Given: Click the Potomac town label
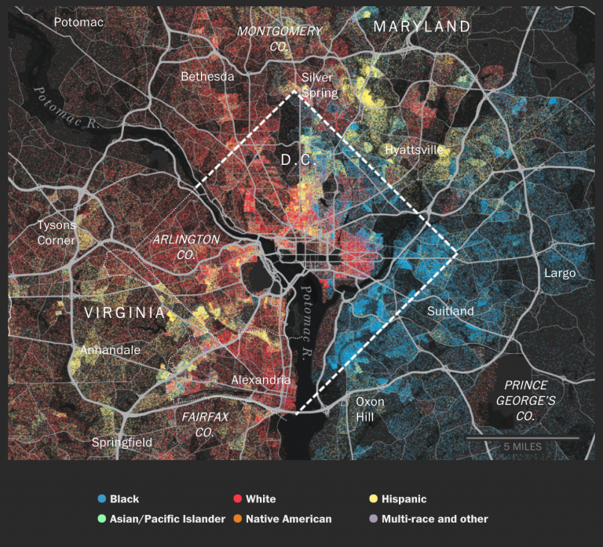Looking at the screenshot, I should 79,22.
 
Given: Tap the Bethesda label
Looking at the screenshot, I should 207,77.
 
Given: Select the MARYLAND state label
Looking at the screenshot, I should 422,27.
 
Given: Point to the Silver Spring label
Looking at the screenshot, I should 319,85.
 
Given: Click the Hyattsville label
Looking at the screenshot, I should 415,149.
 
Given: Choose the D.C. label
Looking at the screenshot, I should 298,160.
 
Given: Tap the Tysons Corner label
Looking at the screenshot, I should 57,232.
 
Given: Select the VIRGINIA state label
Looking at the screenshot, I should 125,313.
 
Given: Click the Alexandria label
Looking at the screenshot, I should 261,380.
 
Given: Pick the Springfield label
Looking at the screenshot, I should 122,443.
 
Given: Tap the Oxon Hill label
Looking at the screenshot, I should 370,409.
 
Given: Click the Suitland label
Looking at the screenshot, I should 451,312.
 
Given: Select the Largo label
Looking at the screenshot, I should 560,273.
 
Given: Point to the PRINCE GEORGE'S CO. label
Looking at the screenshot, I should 530,401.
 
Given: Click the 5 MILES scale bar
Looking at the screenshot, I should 522,437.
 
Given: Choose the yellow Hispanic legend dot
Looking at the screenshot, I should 373,499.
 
